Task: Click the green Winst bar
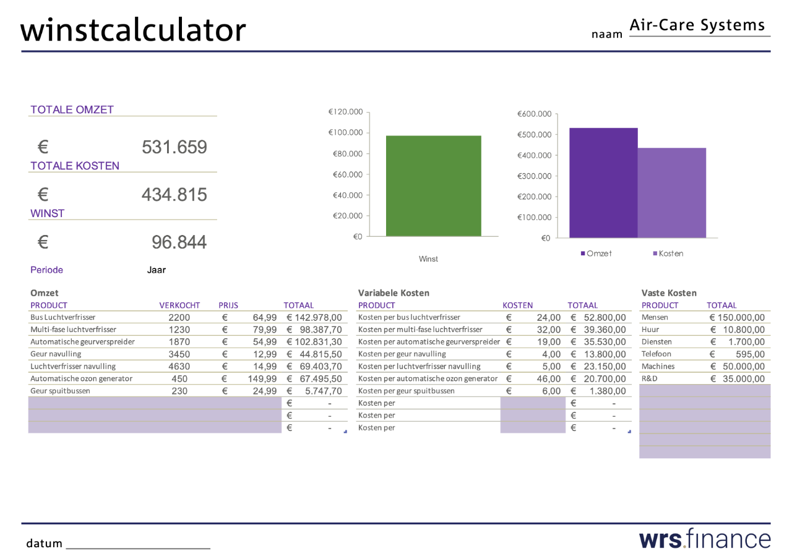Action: (x=434, y=186)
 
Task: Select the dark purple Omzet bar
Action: (x=603, y=182)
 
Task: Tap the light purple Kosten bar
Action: (x=672, y=193)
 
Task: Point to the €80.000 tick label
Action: (x=348, y=154)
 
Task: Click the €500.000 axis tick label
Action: (x=534, y=135)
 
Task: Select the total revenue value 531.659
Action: (x=174, y=147)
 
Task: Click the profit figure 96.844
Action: (x=179, y=242)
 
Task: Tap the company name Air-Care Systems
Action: (x=697, y=25)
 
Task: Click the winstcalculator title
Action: (x=133, y=30)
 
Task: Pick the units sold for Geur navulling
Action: (x=179, y=354)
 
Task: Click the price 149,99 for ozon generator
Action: (x=262, y=379)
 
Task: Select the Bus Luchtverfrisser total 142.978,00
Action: (x=318, y=317)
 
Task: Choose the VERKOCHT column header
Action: (x=179, y=305)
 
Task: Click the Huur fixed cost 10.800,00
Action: (x=744, y=330)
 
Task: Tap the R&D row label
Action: (x=650, y=378)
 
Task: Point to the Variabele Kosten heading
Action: (x=394, y=293)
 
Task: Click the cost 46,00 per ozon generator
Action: (x=549, y=379)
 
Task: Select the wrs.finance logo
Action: (x=705, y=539)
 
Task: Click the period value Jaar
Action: (x=157, y=270)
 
